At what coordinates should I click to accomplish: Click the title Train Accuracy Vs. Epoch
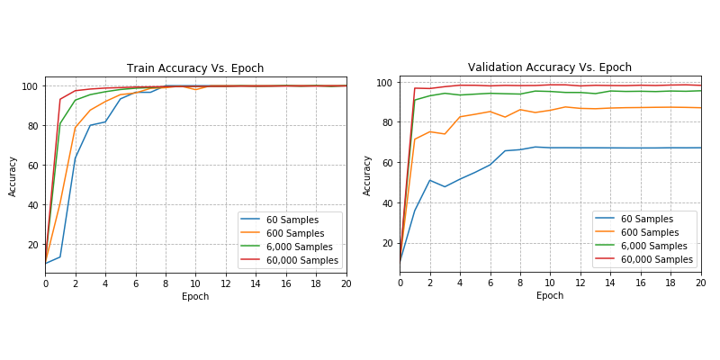coord(195,68)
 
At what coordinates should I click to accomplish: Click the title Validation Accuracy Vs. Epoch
coord(550,67)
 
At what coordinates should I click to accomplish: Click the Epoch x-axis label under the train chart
coord(195,296)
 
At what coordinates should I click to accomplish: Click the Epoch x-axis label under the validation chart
coord(550,295)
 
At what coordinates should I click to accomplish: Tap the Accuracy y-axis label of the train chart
coord(13,175)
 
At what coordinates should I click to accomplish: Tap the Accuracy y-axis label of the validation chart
coord(368,175)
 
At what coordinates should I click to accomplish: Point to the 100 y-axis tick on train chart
coord(30,86)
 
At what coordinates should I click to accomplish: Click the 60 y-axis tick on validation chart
coord(388,163)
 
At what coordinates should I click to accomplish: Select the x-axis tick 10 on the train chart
coord(195,283)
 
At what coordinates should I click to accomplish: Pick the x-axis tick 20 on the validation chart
coord(700,283)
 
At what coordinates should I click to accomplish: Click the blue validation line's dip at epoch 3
coord(445,186)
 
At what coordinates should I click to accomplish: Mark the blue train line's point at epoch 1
coord(60,257)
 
